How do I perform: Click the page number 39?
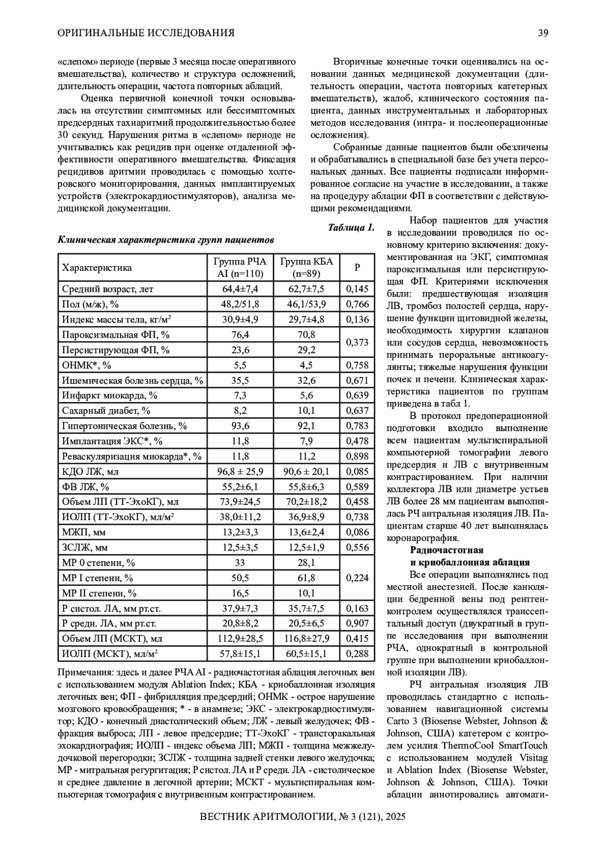543,33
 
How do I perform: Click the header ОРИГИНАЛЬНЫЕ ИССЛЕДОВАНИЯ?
146,33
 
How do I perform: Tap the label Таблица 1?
351,227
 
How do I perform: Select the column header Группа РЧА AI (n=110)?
240,268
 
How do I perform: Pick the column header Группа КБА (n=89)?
307,268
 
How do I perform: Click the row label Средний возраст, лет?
108,289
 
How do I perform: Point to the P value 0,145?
357,289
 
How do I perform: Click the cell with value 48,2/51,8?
240,304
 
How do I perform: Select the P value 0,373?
357,342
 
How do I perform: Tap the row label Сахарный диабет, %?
106,411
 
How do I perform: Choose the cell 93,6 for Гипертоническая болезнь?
240,426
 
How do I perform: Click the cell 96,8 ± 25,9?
240,472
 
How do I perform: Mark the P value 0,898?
357,457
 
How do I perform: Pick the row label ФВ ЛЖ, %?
85,487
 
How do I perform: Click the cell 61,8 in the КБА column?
307,578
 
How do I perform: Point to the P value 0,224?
357,578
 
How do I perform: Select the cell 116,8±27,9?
307,638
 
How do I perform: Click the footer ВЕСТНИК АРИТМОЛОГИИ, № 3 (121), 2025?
303,817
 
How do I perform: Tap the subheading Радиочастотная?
446,550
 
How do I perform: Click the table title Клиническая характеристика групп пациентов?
166,240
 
